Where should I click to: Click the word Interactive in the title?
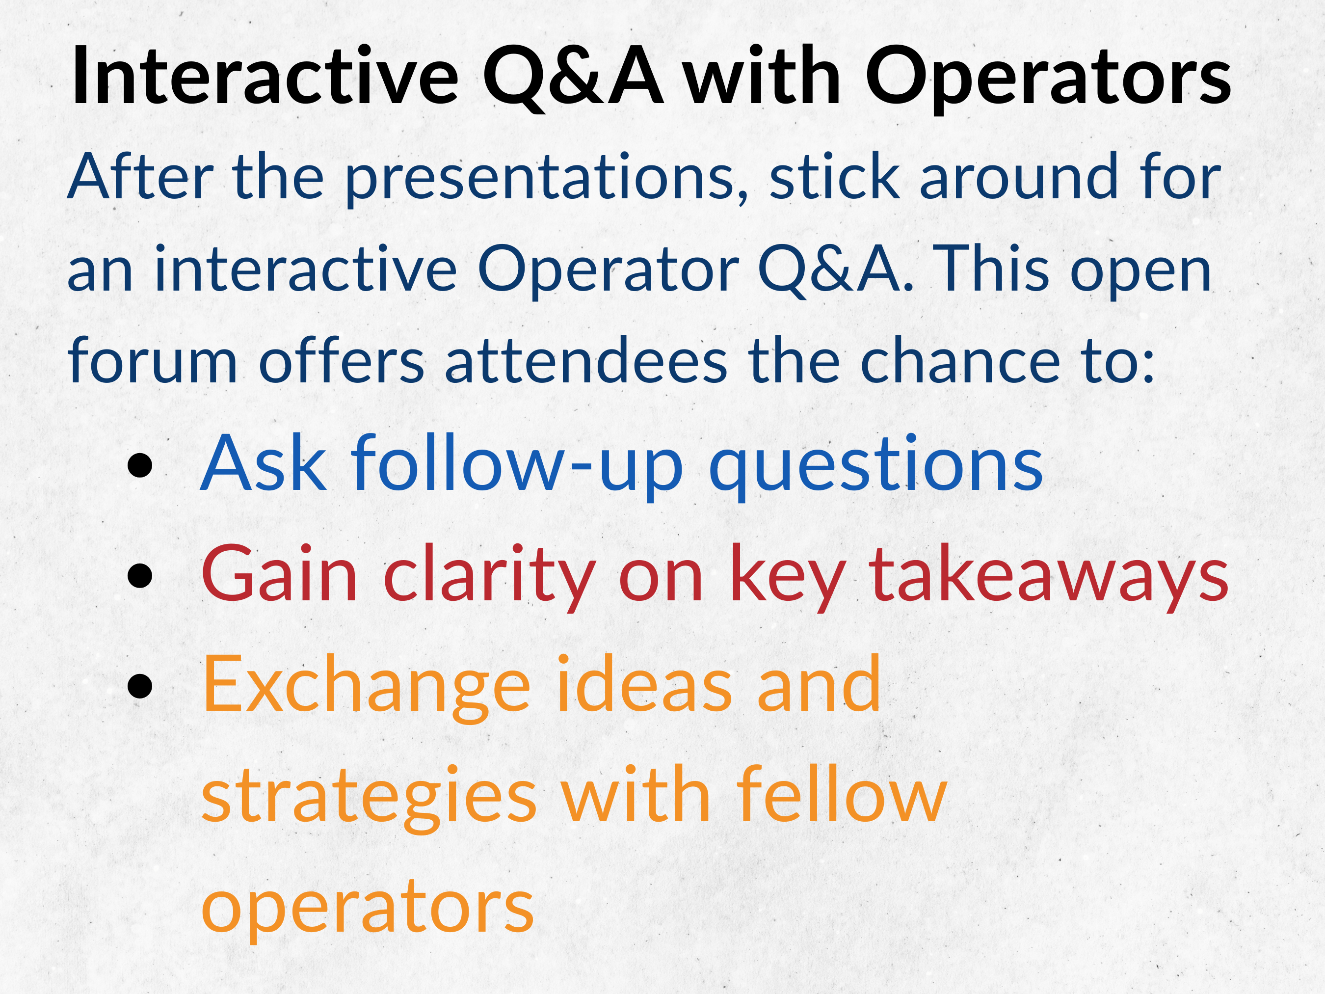pos(265,76)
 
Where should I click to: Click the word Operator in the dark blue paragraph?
pos(608,271)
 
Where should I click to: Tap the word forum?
pos(153,360)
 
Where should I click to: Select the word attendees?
pos(586,360)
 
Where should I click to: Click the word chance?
pos(960,360)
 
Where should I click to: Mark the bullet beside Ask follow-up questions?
pos(139,465)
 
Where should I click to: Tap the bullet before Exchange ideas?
pos(139,686)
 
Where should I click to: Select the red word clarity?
pos(489,576)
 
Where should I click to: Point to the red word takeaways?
pos(1048,576)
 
